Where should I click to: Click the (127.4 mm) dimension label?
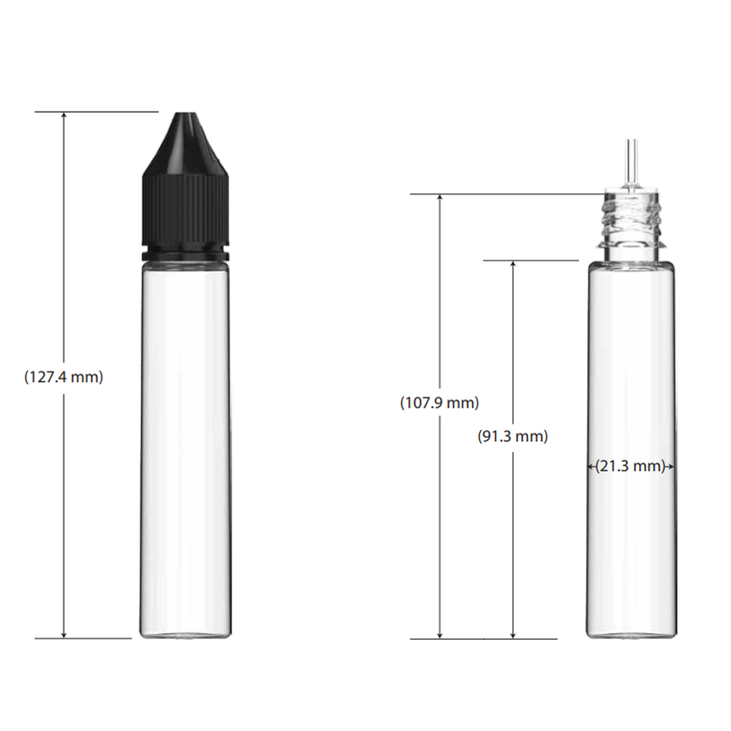[x=64, y=377]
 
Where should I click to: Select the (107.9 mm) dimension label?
[x=439, y=402]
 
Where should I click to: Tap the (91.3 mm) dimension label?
[x=513, y=436]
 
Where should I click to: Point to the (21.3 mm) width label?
[x=630, y=466]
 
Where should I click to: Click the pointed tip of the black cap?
[x=185, y=114]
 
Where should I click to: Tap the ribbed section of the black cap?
[x=185, y=211]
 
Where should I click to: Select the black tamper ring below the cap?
[x=185, y=255]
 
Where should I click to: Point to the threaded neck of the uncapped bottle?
[x=631, y=224]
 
